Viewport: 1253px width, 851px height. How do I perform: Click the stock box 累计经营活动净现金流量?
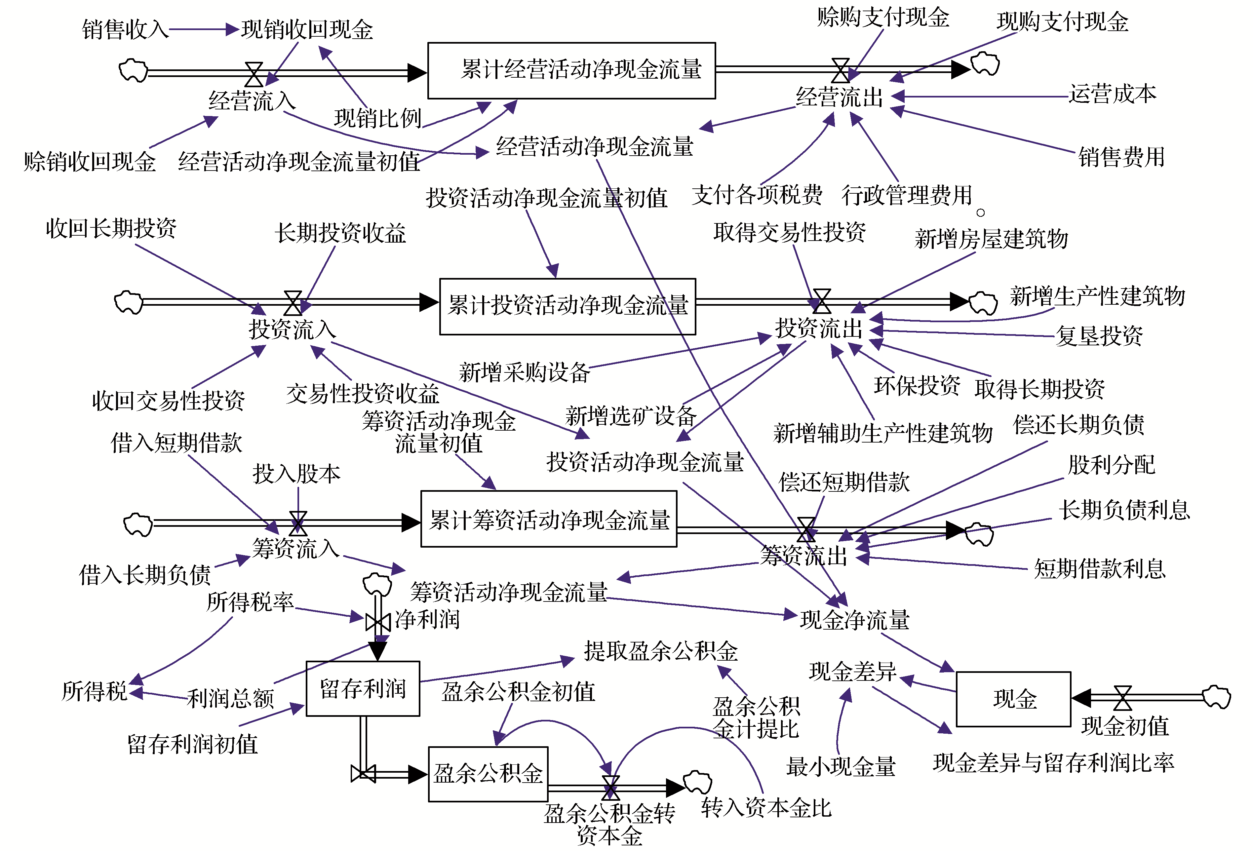tap(571, 71)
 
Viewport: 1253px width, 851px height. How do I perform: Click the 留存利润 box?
tap(363, 688)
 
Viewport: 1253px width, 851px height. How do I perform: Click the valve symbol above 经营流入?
tap(254, 74)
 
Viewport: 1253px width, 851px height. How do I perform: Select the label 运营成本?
tap(1112, 94)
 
